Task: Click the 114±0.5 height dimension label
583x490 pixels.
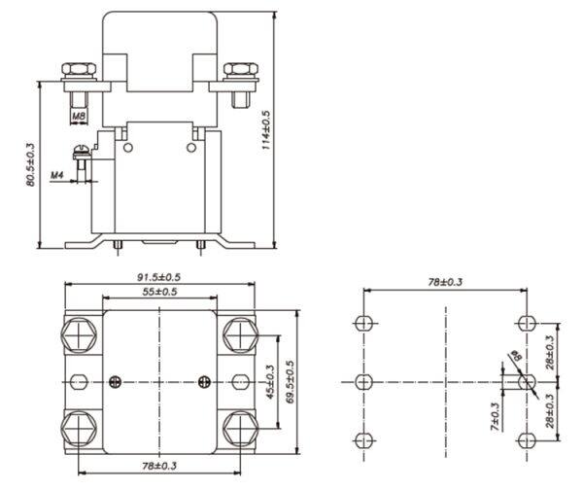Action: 266,130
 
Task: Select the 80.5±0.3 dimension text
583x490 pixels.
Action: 30,164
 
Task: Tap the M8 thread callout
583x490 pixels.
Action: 79,116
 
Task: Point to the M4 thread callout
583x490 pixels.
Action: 57,174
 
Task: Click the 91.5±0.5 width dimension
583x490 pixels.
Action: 158,277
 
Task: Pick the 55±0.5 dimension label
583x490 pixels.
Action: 159,292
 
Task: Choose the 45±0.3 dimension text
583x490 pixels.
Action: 270,382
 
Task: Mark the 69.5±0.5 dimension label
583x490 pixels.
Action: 291,382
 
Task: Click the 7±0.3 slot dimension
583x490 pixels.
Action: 495,417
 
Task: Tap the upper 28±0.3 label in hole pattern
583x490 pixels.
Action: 550,352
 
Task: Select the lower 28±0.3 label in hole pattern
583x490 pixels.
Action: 550,410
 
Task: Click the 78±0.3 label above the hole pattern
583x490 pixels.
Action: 445,282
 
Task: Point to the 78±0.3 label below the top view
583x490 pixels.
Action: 159,466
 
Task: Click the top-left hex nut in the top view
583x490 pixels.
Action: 79,334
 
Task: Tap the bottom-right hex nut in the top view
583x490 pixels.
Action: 241,429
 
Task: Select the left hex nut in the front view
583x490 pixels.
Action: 79,69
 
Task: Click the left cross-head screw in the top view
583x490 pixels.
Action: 116,382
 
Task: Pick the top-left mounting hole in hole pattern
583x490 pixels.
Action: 363,323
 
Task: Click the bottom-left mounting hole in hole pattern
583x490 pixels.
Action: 363,440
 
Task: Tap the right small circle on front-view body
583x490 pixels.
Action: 191,148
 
